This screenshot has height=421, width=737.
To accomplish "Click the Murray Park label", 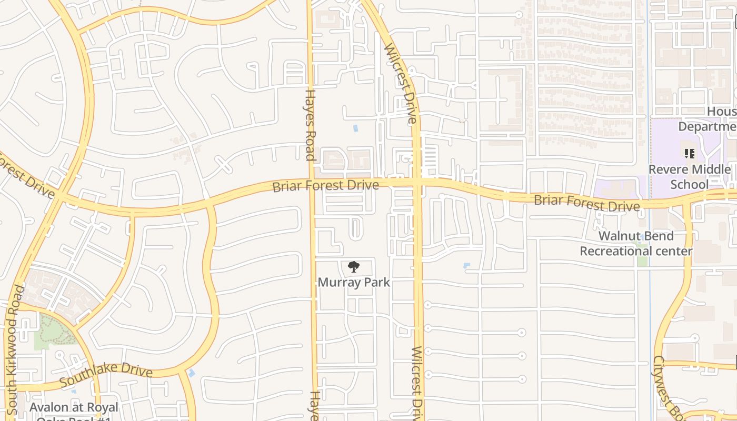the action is tap(354, 282).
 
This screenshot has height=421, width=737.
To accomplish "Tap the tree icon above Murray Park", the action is tap(354, 267).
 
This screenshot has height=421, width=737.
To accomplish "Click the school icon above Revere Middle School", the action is tap(689, 154).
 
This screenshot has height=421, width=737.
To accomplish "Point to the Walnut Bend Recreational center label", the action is tap(636, 243).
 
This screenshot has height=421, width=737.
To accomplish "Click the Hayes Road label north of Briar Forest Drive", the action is tap(310, 125).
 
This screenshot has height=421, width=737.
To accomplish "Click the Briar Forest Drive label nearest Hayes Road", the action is tap(325, 186).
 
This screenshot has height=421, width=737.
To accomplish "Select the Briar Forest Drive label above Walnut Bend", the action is tap(587, 203).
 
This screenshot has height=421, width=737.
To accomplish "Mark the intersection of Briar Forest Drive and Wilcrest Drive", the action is tap(417, 183).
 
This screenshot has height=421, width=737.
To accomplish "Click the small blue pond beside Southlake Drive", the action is tap(191, 373).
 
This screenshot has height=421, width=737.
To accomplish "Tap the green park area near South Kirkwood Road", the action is tap(50, 331).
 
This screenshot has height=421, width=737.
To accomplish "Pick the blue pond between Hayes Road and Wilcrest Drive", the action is tap(355, 128).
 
